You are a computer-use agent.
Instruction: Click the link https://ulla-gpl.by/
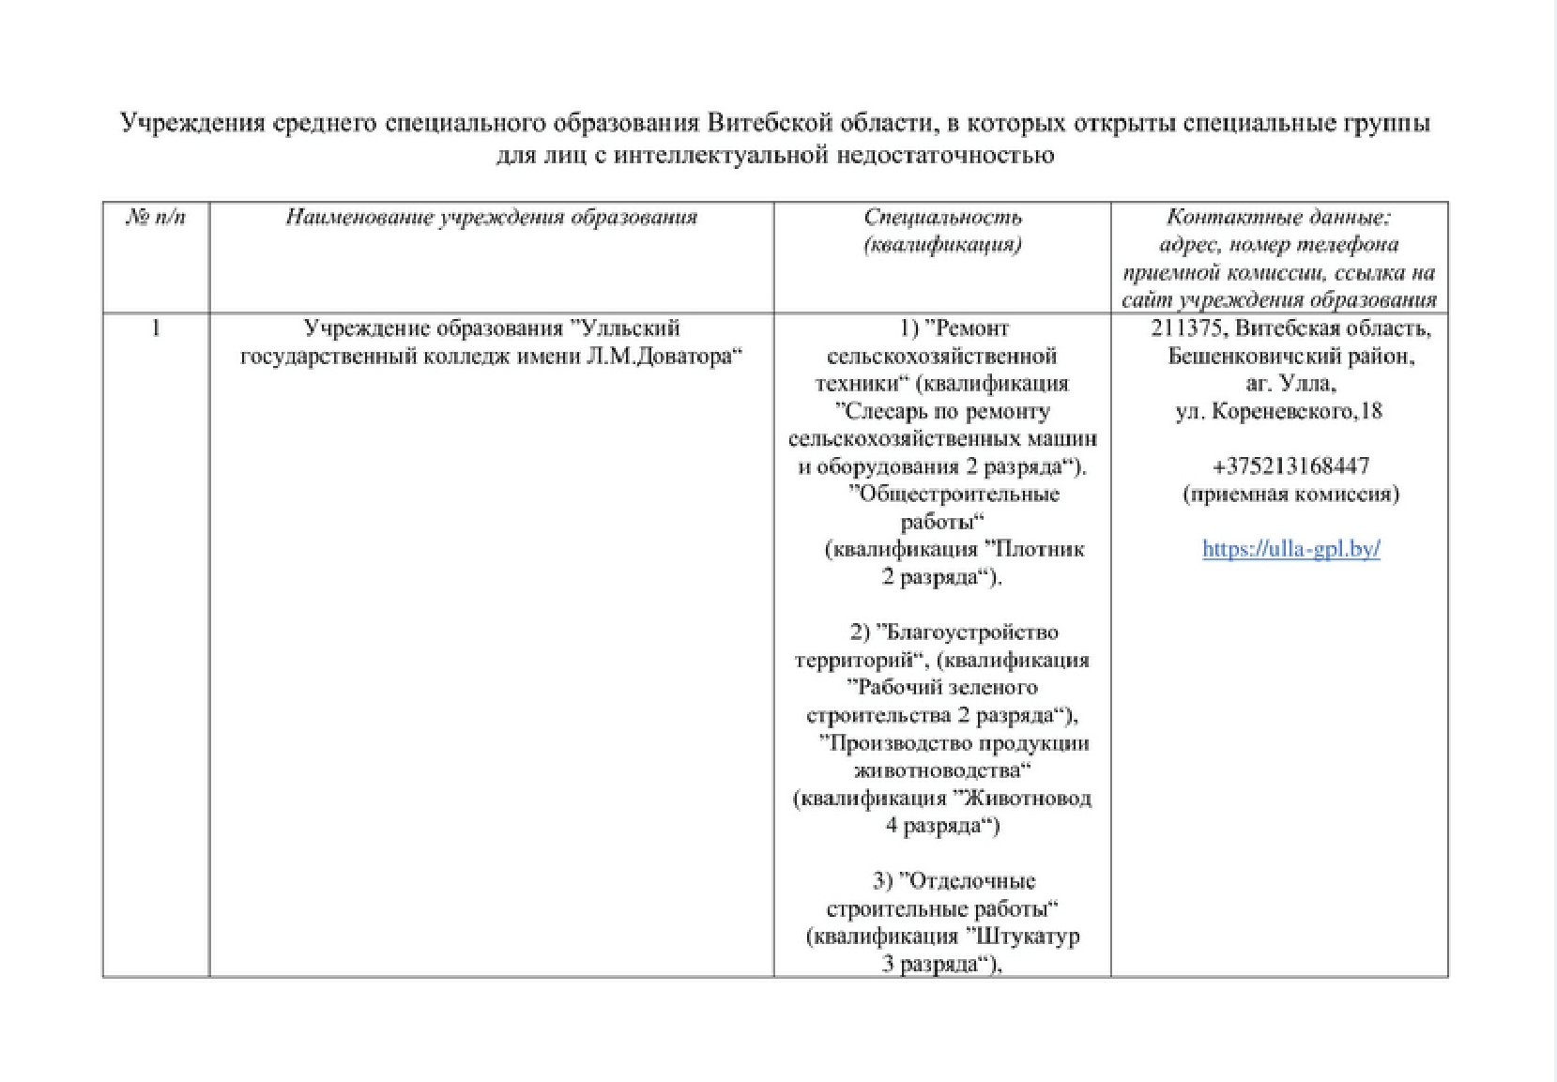[x=1290, y=549]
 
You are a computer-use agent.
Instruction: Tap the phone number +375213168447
[x=1290, y=466]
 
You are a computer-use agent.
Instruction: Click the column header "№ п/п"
[x=156, y=218]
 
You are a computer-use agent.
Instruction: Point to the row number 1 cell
[x=156, y=328]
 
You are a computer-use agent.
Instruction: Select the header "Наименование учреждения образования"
[x=491, y=218]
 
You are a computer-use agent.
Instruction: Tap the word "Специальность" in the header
[x=942, y=218]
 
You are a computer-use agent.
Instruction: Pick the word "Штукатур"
[x=1028, y=937]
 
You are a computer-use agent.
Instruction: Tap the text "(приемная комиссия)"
[x=1290, y=494]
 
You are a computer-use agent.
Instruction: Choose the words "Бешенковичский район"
[x=1290, y=357]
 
